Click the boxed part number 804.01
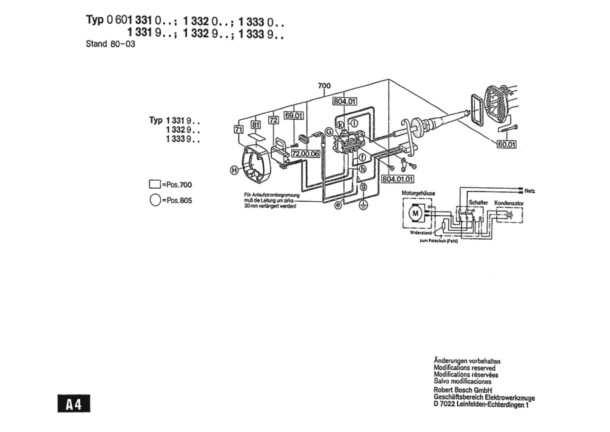tap(345, 102)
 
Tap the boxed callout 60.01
tap(507, 144)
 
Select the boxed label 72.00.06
tap(305, 154)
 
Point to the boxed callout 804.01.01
tap(398, 179)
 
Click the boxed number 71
tap(239, 130)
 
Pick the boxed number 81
tap(256, 125)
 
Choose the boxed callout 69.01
tap(294, 115)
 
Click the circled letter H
tap(234, 170)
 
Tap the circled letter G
tap(329, 132)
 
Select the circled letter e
tap(338, 205)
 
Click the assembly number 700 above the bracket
tap(324, 86)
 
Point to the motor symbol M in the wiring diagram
tap(415, 213)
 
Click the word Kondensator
tap(509, 203)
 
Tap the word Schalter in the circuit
tap(478, 202)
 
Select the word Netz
tap(530, 191)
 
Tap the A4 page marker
tap(74, 404)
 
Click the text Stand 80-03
tap(110, 44)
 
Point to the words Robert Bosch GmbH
tap(463, 390)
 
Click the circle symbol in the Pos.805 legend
tap(155, 200)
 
